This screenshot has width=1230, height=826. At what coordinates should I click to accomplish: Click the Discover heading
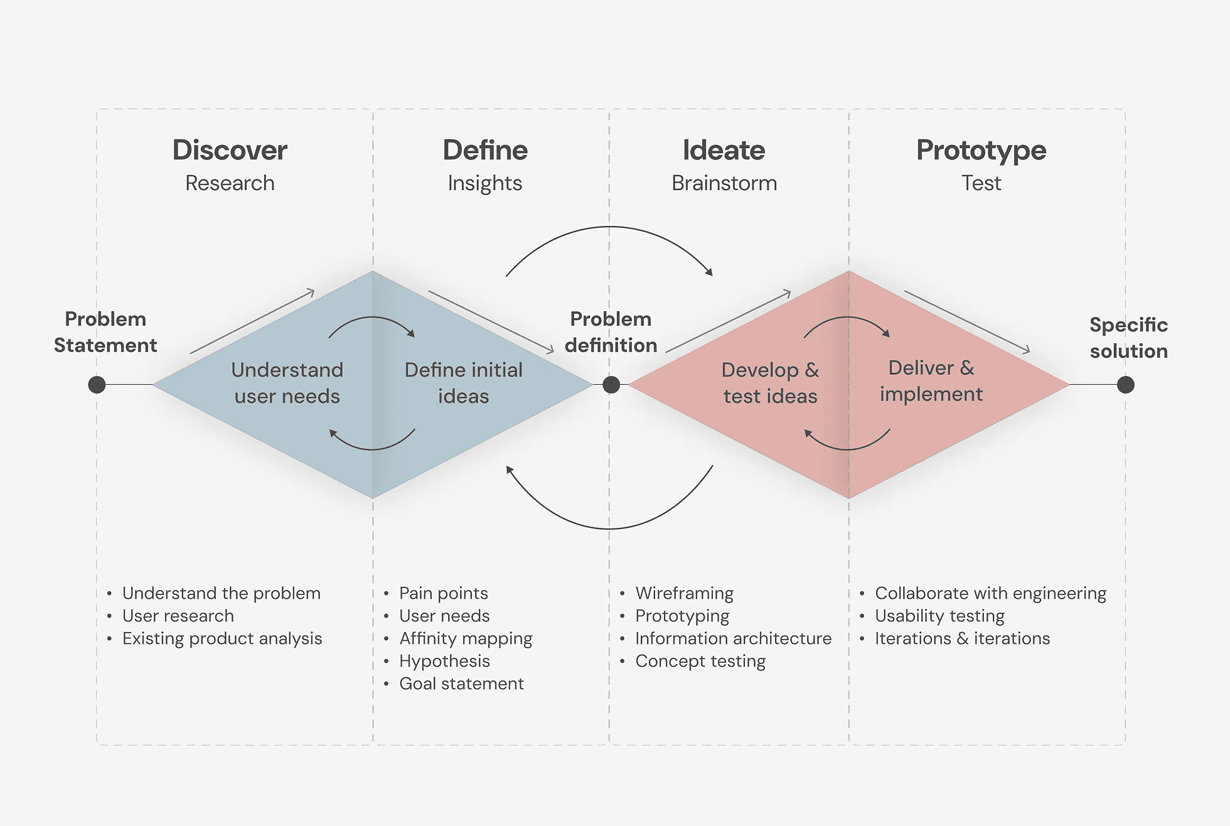230,151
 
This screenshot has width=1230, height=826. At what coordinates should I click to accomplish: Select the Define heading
485,151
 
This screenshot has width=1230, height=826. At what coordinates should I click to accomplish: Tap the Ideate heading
724,151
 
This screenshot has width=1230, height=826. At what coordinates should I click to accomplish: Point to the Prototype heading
981,151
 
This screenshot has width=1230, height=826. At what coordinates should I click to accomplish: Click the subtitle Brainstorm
724,183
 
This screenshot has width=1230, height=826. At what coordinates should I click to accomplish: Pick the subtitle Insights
484,183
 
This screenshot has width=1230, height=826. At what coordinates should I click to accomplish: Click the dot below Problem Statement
97,385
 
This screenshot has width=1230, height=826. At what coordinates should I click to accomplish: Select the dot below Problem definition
611,385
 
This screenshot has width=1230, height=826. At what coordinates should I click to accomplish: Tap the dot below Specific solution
1126,385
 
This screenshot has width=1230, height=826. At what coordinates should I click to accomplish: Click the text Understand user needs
287,383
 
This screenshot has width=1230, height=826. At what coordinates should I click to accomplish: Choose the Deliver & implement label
931,381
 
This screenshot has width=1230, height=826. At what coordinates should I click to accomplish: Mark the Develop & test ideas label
770,383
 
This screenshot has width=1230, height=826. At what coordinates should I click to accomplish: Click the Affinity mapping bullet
466,638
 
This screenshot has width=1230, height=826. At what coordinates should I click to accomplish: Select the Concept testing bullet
700,661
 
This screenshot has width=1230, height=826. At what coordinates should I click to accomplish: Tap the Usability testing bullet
939,616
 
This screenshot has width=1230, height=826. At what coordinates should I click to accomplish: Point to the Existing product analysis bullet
222,638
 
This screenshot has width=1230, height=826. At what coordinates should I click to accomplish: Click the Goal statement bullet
461,684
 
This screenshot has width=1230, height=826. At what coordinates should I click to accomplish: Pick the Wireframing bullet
684,593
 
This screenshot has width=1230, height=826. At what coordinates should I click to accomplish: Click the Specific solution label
1128,338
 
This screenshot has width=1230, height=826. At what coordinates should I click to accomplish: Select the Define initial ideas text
463,383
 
